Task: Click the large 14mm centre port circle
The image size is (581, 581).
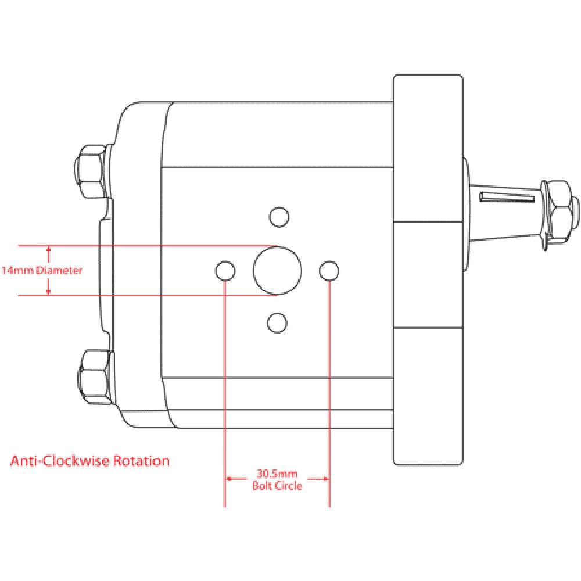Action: (278, 270)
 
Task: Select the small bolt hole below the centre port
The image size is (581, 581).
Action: (277, 322)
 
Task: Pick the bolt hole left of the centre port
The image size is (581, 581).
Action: (225, 270)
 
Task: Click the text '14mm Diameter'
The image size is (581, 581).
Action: (42, 270)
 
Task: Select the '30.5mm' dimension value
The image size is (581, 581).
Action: (278, 473)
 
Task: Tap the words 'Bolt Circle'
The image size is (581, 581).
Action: (278, 486)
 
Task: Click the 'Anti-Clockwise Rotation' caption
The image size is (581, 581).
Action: (90, 461)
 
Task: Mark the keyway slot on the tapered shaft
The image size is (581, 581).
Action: (507, 198)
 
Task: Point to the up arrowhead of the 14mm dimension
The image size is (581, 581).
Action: (49, 250)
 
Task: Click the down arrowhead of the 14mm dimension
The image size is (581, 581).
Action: (49, 291)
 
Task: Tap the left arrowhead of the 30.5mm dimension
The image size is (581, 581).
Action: (229, 479)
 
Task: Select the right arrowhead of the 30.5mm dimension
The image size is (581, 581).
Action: (326, 479)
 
